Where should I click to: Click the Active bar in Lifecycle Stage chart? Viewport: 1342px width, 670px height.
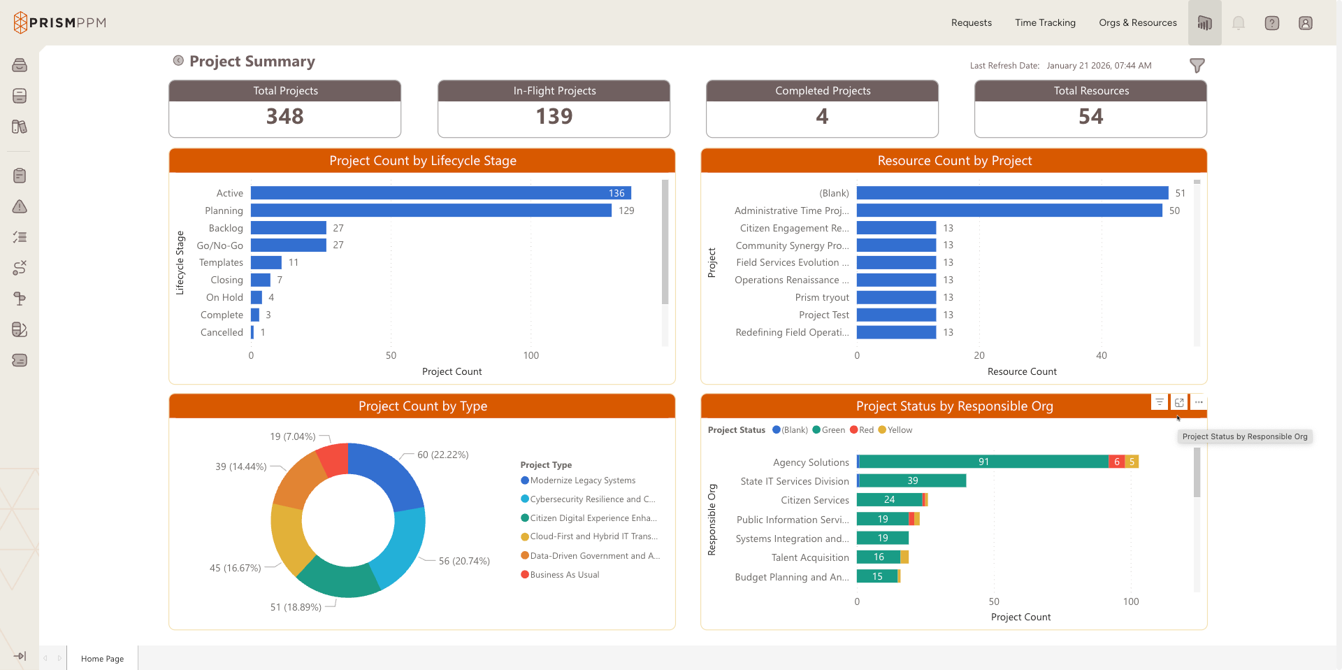click(440, 193)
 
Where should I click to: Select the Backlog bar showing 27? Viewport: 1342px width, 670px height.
click(288, 228)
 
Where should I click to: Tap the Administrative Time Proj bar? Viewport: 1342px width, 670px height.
click(1009, 211)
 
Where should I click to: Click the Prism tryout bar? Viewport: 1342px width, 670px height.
click(896, 297)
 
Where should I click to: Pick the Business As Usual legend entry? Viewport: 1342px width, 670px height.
click(564, 575)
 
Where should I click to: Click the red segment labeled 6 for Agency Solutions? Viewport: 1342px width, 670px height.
click(1116, 462)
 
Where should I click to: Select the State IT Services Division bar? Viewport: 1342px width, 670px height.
click(911, 480)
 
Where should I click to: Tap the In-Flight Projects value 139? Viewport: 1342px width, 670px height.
click(554, 117)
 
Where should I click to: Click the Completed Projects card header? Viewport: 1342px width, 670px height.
click(822, 91)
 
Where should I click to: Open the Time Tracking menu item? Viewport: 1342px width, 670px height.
click(1045, 23)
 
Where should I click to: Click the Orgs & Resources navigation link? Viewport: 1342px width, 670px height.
click(1137, 23)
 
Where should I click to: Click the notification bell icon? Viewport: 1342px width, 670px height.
click(1238, 23)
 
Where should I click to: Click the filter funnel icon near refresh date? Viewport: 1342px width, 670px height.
click(1197, 66)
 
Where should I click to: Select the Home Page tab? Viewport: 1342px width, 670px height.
click(102, 659)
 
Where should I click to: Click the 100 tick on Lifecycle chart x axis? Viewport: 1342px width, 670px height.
click(531, 355)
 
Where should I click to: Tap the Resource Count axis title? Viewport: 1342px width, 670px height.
click(1021, 371)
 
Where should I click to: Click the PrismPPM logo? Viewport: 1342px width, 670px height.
click(60, 22)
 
